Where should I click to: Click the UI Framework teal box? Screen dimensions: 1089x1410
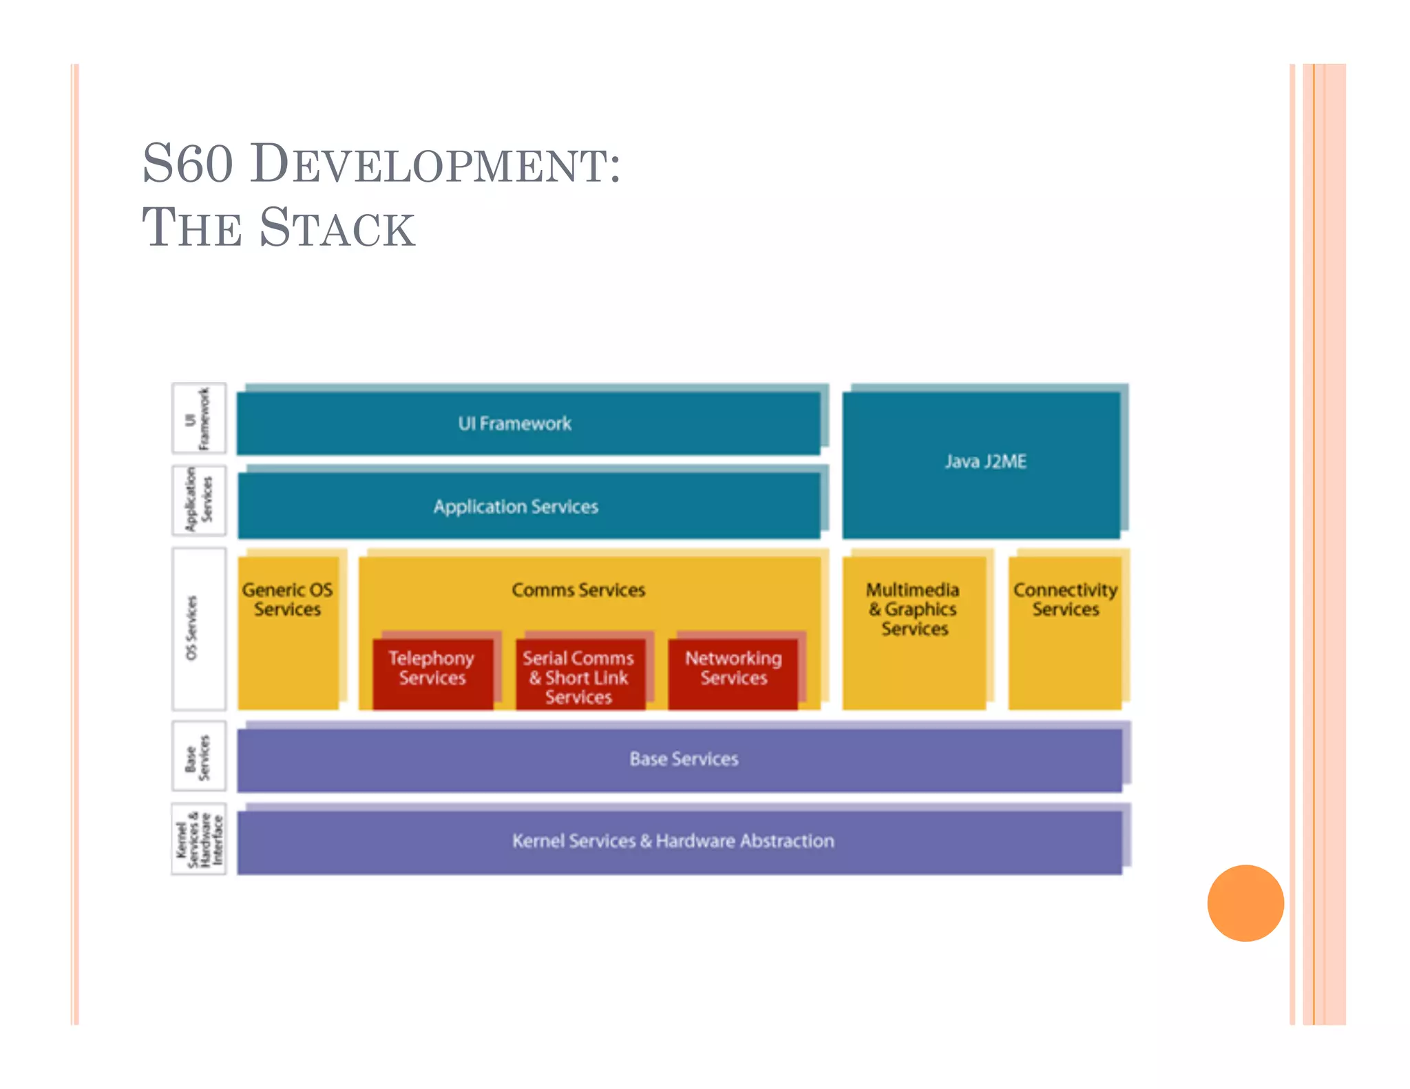click(528, 423)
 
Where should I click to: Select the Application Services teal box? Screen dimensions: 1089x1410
click(528, 506)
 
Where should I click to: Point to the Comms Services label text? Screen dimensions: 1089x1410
click(578, 590)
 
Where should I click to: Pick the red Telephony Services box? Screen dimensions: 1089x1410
click(432, 673)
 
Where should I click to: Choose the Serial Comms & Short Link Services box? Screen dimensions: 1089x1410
click(580, 676)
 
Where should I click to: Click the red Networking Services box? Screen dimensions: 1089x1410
click(733, 673)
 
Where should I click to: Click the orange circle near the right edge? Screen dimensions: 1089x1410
click(1245, 902)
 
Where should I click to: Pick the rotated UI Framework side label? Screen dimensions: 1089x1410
click(198, 418)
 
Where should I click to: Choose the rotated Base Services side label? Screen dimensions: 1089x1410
click(198, 756)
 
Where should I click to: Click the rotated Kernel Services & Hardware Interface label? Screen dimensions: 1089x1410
click(198, 838)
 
